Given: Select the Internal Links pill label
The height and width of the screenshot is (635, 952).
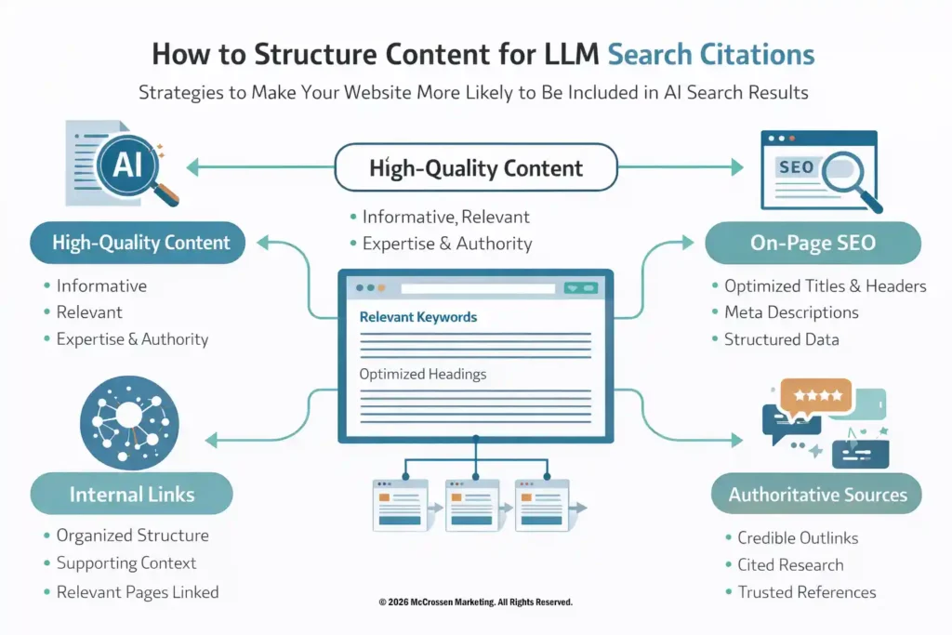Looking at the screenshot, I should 132,494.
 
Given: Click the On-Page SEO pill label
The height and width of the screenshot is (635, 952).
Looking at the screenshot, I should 813,243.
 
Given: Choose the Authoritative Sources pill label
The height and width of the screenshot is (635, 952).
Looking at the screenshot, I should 817,494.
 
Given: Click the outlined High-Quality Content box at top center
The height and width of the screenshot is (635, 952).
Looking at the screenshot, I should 476,168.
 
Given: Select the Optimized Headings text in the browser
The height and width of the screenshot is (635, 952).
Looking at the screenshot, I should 422,374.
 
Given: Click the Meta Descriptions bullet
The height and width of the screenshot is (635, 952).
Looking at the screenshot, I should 791,312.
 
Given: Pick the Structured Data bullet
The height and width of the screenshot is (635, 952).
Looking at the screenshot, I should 781,339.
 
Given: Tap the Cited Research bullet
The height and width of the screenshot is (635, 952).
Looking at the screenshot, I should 790,565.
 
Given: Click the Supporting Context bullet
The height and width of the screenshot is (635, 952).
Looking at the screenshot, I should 126,563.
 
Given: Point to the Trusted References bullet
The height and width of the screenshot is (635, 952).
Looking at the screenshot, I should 806,592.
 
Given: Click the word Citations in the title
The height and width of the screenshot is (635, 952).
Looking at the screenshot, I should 763,54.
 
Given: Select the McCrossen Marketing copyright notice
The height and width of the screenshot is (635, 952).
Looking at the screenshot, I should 476,602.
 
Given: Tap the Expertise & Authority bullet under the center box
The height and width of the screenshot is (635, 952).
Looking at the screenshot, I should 446,245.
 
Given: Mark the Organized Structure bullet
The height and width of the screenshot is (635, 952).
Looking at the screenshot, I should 132,536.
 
